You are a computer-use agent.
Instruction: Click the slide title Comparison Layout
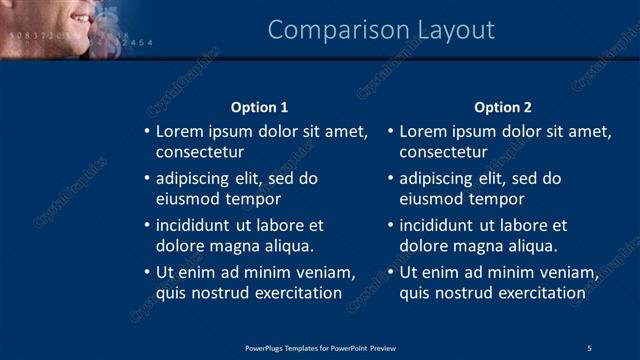point(381,30)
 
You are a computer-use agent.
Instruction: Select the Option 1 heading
point(259,107)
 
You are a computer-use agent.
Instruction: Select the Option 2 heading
point(503,107)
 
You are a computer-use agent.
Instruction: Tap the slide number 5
point(590,348)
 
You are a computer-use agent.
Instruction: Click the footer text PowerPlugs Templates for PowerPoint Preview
point(320,348)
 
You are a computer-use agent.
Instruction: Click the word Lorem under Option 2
point(423,131)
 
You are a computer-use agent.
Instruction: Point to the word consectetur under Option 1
point(200,152)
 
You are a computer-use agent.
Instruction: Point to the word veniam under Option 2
point(570,272)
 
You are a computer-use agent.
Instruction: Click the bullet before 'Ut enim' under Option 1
point(146,272)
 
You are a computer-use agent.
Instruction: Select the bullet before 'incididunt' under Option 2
point(390,225)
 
